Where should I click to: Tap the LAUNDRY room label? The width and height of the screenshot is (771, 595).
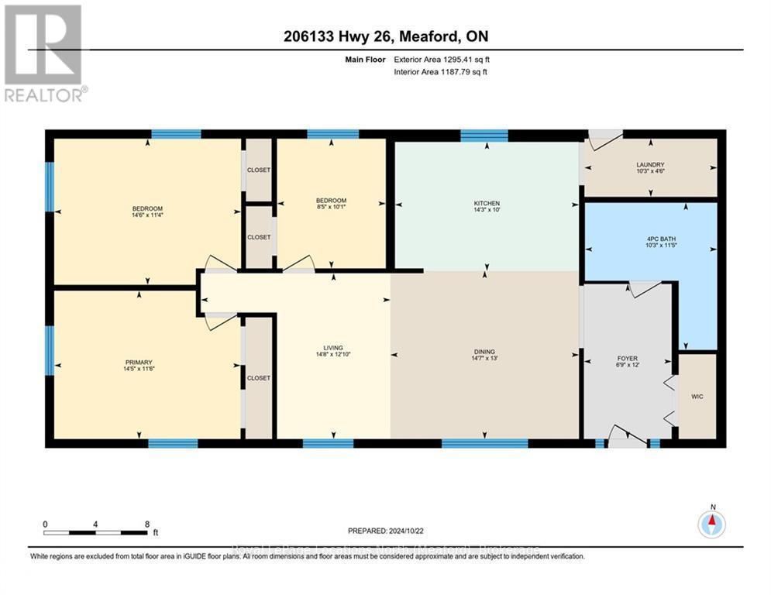650,164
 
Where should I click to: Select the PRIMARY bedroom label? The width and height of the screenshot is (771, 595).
139,362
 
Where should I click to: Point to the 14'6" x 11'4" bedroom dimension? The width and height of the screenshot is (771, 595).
147,215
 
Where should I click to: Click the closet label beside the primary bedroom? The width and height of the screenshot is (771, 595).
259,378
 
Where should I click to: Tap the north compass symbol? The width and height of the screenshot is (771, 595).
711,524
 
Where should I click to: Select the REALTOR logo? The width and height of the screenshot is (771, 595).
43,53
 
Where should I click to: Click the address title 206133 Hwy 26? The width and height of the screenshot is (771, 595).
385,36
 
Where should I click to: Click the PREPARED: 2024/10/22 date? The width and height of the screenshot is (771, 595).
385,531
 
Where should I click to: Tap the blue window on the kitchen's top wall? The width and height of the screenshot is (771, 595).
484,136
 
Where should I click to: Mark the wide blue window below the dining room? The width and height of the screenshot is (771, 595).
485,443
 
